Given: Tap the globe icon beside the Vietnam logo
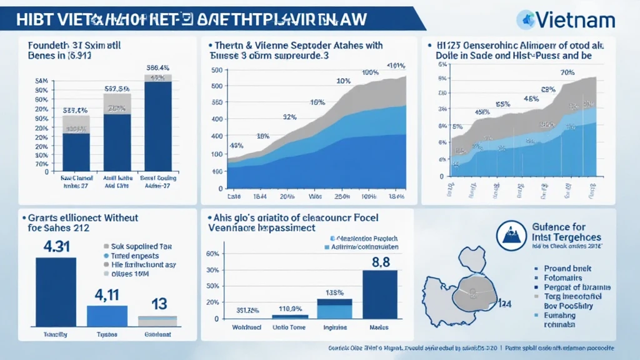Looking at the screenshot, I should point(526,20).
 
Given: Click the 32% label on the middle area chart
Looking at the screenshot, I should point(289,117).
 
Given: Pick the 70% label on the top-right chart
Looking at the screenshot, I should point(567,72).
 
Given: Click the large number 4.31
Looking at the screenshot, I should point(55,246).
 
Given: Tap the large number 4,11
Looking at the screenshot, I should point(107,293).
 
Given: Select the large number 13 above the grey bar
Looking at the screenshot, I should point(159,304).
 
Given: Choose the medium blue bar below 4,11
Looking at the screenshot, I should point(107,316).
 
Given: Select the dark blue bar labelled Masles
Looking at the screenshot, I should point(380,294).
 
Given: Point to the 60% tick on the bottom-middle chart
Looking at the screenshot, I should point(212,254).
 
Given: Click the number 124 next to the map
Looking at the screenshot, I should point(504,304).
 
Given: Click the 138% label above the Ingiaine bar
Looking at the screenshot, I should point(334,292).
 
